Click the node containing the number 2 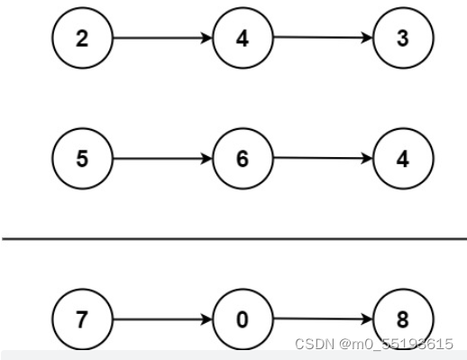click(x=83, y=40)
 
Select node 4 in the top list click(x=243, y=40)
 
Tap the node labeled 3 click(x=402, y=40)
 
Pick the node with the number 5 click(x=83, y=159)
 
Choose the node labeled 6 click(x=243, y=159)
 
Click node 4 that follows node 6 click(x=402, y=159)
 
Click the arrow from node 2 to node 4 click(x=162, y=40)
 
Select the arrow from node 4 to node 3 click(x=322, y=39)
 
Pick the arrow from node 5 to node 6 click(x=162, y=159)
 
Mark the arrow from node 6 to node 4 click(x=322, y=158)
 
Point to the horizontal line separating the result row click(x=233, y=239)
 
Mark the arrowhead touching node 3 click(x=366, y=39)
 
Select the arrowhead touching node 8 click(x=366, y=319)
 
